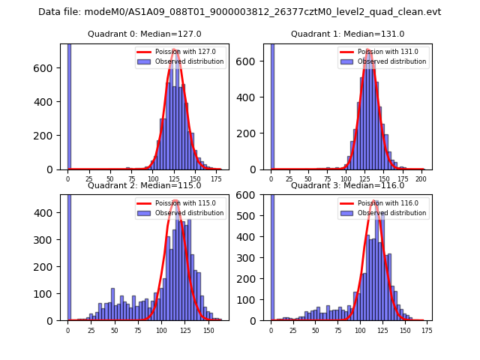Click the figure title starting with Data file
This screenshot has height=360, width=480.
tap(240, 12)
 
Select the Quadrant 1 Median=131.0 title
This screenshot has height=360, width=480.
tap(347, 34)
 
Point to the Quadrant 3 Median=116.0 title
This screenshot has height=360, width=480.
tap(347, 185)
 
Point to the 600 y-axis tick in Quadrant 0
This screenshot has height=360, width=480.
tap(49, 68)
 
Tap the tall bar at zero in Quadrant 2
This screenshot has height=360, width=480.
tap(68, 262)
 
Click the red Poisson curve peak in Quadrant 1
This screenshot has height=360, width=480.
tap(369, 50)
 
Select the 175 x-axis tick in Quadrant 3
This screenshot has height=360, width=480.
tap(427, 330)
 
